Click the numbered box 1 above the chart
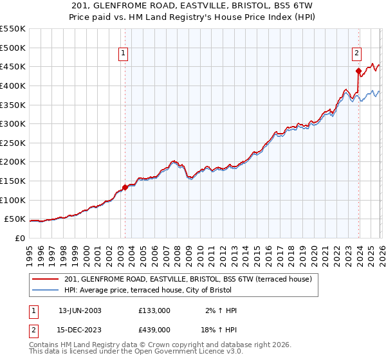pyautogui.click(x=123, y=54)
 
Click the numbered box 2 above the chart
pyautogui.click(x=356, y=54)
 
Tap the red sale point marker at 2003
pyautogui.click(x=125, y=187)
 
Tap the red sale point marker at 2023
pyautogui.click(x=358, y=71)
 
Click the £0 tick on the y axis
pyautogui.click(x=21, y=238)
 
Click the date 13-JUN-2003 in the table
pyautogui.click(x=80, y=310)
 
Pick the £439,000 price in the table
pyautogui.click(x=154, y=330)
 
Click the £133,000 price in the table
pyautogui.click(x=154, y=310)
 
